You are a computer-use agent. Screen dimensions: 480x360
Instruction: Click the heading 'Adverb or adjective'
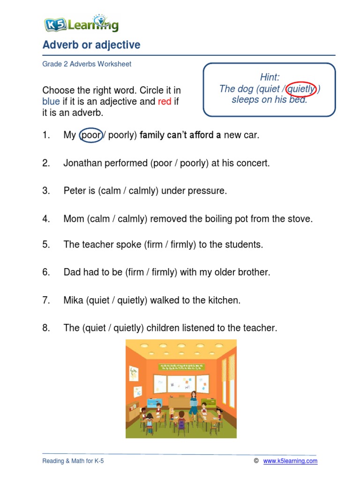coord(91,45)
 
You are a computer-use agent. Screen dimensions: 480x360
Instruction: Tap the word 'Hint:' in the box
coord(269,77)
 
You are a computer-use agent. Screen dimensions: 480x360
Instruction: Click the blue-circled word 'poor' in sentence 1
coord(91,135)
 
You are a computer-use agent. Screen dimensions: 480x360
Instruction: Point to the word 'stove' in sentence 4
coord(300,218)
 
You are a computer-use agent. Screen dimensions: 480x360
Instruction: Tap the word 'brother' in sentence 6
coord(254,272)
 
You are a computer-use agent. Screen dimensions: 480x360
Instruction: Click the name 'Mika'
coord(73,300)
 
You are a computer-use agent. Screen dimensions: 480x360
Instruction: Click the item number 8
coord(45,328)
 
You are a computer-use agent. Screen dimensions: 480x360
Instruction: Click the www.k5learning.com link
coord(290,461)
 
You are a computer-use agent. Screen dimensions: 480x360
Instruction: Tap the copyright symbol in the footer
coord(256,461)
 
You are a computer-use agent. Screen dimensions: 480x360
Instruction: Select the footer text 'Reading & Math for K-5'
coord(73,461)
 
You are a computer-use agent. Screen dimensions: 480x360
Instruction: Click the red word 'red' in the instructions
coord(165,101)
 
